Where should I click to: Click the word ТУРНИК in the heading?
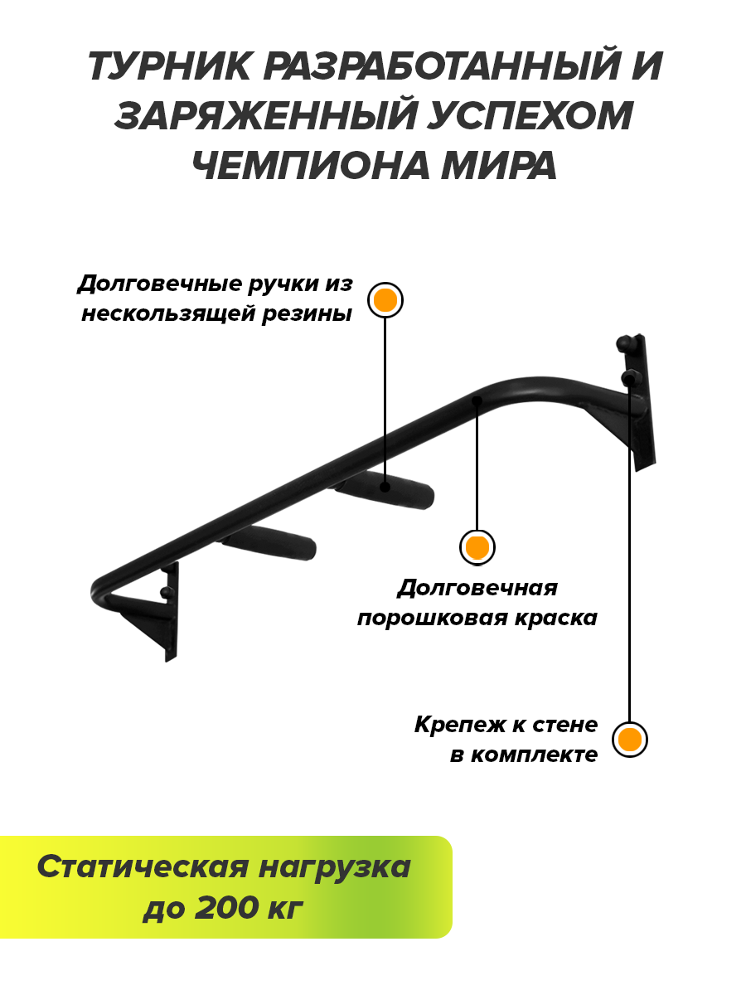pyautogui.click(x=168, y=67)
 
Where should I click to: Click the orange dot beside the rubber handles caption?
pyautogui.click(x=385, y=300)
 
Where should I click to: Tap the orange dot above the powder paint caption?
pyautogui.click(x=477, y=547)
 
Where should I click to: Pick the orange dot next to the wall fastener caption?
pyautogui.click(x=629, y=739)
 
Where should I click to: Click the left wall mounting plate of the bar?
pyautogui.click(x=171, y=614)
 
